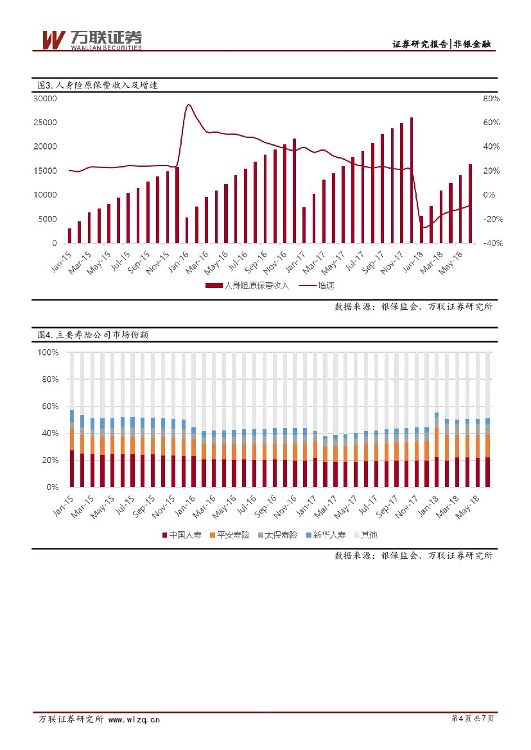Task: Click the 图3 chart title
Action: (x=93, y=85)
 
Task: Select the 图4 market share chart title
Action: (x=92, y=335)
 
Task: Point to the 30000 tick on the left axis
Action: (x=46, y=99)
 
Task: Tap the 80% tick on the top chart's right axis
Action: (x=491, y=99)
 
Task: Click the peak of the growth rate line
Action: (x=188, y=105)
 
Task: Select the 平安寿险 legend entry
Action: (x=229, y=534)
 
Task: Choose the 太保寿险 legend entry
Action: (x=277, y=534)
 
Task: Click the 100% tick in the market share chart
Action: (x=48, y=353)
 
